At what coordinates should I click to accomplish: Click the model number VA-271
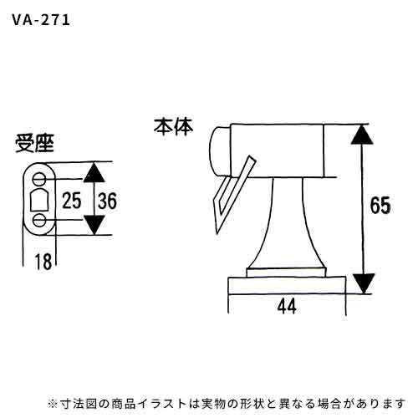coord(41,20)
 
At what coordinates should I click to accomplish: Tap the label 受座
coord(34,144)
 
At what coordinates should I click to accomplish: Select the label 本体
coord(173,127)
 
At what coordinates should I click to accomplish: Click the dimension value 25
coord(72,201)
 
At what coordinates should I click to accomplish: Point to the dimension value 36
coord(107,201)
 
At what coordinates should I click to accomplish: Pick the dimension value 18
coord(43,262)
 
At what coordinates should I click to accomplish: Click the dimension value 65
coord(380,206)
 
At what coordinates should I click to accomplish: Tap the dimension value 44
coord(287,307)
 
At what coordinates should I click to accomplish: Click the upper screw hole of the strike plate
coord(39,179)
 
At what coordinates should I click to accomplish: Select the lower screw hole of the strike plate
coord(39,221)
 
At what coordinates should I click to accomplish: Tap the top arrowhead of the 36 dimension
coord(94,172)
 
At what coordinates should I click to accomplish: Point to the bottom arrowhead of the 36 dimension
coord(94,225)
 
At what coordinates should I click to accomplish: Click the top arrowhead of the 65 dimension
coord(362,135)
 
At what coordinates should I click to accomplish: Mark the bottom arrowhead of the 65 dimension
coord(362,283)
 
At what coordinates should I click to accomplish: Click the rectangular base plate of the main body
coord(287,285)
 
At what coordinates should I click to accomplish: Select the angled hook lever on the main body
coord(233,195)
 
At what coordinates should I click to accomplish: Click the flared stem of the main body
coord(287,223)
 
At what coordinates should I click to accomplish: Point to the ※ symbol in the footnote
coord(53,404)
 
